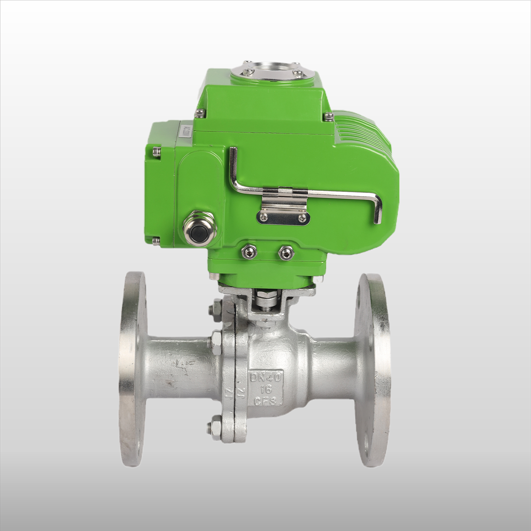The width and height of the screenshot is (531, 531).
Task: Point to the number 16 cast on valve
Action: click(x=266, y=389)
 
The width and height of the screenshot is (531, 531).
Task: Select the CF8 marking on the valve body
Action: click(x=267, y=401)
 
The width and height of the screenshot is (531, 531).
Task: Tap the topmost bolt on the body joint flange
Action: click(x=215, y=308)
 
